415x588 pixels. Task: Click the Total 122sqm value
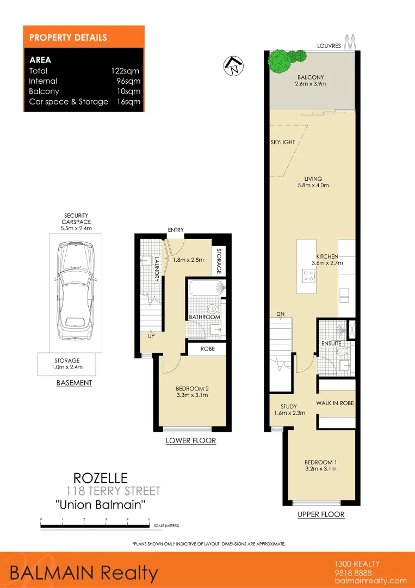[128, 71]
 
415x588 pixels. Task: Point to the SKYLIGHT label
[282, 142]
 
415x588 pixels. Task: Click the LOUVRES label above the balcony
[329, 46]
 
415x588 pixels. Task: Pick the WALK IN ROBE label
[336, 403]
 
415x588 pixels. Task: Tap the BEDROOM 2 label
[192, 388]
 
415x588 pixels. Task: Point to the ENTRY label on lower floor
[176, 230]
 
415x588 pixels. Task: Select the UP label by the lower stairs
[151, 336]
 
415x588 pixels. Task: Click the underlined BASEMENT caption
[74, 383]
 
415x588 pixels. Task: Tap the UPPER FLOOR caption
[321, 514]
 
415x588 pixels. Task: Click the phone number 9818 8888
[354, 572]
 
